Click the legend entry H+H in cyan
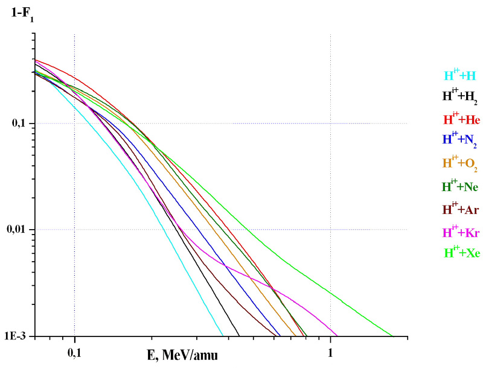tap(460, 76)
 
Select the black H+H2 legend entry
tap(460, 96)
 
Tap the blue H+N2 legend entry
tap(460, 140)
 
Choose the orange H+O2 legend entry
tap(460, 164)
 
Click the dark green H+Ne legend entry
tap(461, 187)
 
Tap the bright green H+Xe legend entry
tap(461, 253)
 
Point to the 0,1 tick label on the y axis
tap(23, 124)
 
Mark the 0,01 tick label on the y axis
tap(21, 230)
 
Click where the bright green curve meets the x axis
tap(392, 336)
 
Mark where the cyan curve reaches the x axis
tap(223, 336)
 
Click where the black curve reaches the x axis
tap(240, 336)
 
